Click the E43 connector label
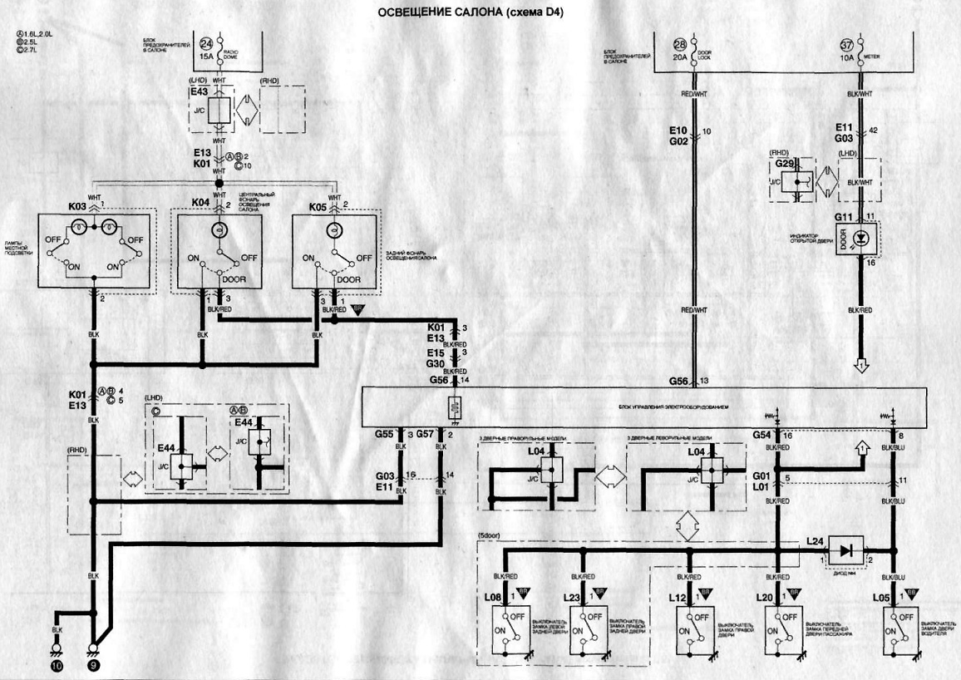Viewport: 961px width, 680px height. [x=200, y=92]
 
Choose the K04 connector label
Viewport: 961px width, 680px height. [x=200, y=204]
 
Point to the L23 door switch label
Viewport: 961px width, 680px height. [x=570, y=598]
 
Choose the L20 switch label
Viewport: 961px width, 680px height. [x=765, y=598]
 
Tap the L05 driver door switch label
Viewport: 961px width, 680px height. [x=881, y=598]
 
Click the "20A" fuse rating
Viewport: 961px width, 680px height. [x=681, y=58]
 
